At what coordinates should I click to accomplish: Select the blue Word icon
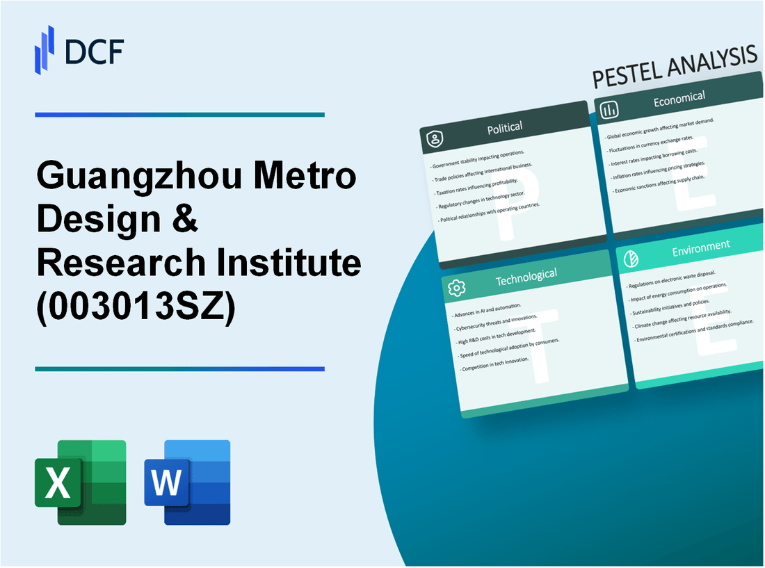pos(187,482)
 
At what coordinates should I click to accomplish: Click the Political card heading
pos(505,127)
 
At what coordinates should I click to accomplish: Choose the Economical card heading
pos(679,99)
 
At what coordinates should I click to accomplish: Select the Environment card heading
pos(701,245)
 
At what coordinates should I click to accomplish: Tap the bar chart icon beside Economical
pos(610,110)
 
